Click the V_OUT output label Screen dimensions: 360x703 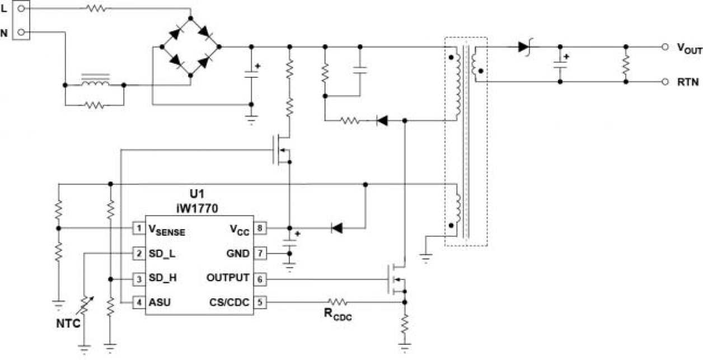click(x=689, y=49)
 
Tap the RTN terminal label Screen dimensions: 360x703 click(x=686, y=82)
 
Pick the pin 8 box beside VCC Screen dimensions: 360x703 click(x=260, y=228)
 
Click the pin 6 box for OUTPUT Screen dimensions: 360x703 click(x=260, y=278)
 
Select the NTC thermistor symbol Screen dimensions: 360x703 click(x=85, y=306)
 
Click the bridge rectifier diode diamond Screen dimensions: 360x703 click(x=190, y=47)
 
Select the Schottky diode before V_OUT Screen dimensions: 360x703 click(x=524, y=47)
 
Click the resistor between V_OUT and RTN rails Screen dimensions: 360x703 click(x=626, y=64)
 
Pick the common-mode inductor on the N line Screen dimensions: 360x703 click(x=94, y=81)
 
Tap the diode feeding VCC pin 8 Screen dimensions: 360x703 click(x=336, y=228)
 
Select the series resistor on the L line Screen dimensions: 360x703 click(x=95, y=8)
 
